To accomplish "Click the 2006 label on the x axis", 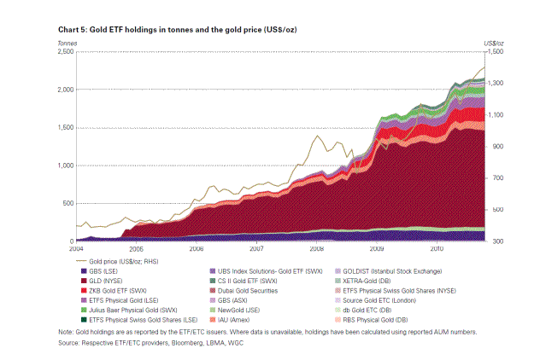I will [196, 248].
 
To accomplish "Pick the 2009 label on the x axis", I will [377, 248].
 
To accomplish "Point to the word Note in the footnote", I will [65, 332].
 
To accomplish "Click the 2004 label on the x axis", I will [75, 248].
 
